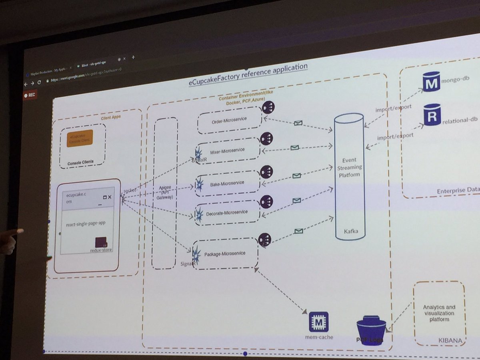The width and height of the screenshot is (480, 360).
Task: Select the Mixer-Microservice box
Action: (227, 151)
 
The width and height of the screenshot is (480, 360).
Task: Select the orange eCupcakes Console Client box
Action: (80, 138)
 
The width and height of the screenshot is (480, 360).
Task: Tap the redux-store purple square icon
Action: (102, 243)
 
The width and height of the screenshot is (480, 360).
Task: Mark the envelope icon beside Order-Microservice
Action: (298, 123)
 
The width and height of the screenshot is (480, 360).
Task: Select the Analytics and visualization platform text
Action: (439, 313)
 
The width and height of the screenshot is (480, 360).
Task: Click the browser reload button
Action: (39, 82)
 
